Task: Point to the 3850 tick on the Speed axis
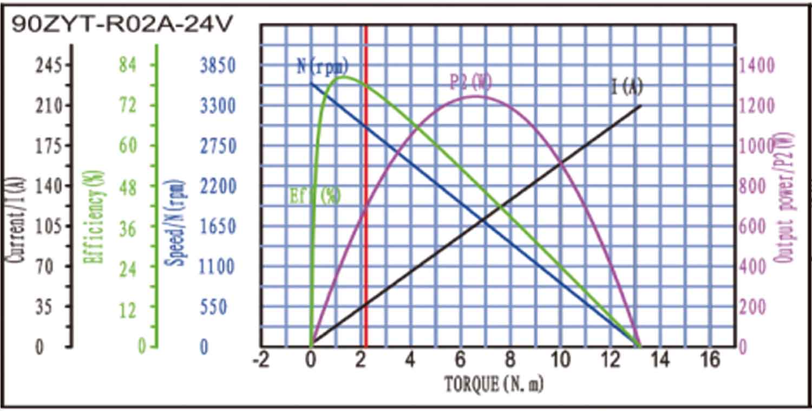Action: [218, 66]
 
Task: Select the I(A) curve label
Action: [627, 86]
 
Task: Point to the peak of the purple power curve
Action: [475, 96]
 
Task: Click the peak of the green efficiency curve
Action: [343, 77]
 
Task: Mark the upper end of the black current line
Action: [641, 106]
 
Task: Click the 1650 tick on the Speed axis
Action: [218, 226]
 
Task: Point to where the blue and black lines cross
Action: [483, 219]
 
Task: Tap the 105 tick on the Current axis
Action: [50, 226]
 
